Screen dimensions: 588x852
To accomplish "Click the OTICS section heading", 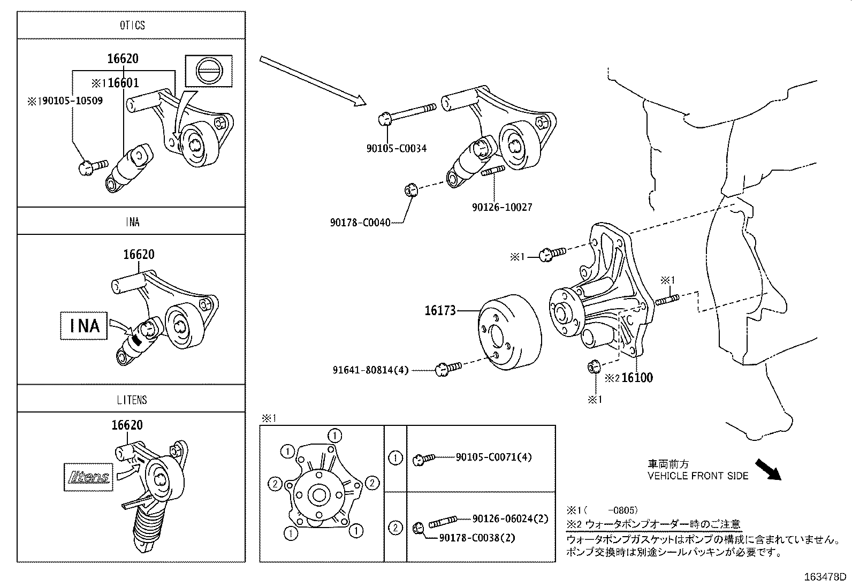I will tap(132, 25).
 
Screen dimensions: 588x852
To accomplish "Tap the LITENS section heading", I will tap(132, 400).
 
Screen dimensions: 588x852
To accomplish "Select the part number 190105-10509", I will tap(70, 101).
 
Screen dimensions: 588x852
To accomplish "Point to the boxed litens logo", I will tap(89, 477).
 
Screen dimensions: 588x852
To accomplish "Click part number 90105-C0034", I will tap(397, 148).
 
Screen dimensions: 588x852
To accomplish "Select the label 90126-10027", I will tap(502, 207).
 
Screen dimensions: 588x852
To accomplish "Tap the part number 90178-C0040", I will tap(360, 222).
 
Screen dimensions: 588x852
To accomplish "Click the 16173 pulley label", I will tap(440, 310).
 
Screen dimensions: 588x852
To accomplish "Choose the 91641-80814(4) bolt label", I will tap(370, 369).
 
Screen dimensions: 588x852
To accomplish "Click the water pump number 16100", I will tap(637, 378).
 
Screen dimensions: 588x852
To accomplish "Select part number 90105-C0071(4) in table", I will tap(493, 457).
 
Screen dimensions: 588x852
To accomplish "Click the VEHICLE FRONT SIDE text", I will tap(698, 476).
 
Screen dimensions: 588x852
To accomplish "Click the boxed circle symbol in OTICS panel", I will tap(208, 71).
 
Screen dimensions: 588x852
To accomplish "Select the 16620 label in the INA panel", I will tap(139, 254).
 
